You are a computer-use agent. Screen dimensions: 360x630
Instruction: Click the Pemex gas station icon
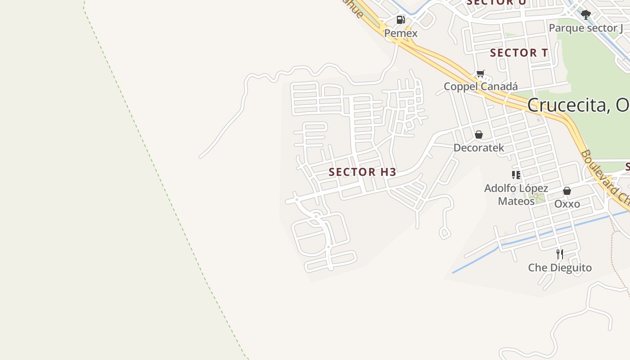[x=400, y=20]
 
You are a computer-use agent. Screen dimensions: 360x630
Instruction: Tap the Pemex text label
[x=400, y=33]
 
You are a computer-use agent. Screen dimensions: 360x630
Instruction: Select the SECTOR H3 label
[x=362, y=172]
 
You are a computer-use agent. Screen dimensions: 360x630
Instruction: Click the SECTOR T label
[x=519, y=53]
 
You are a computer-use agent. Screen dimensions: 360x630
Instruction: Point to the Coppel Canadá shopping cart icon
[x=481, y=74]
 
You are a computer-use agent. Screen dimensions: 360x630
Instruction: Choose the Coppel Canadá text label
[x=481, y=86]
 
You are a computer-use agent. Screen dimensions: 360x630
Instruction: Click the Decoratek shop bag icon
[x=479, y=135]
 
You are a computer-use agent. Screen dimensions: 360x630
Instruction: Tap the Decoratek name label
[x=479, y=148]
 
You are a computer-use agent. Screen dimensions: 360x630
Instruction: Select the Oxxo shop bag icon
[x=567, y=191]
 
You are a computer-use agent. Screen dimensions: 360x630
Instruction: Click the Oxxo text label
[x=567, y=204]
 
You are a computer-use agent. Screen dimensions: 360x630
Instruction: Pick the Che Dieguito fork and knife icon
[x=560, y=254]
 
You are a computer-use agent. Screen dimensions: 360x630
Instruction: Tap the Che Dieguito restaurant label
[x=560, y=268]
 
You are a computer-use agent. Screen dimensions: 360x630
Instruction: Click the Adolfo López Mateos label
[x=516, y=194]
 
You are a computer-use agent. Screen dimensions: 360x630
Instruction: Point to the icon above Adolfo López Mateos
[x=516, y=175]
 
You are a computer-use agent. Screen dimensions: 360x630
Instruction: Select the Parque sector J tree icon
[x=585, y=15]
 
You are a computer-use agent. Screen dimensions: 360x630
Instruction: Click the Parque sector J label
[x=586, y=28]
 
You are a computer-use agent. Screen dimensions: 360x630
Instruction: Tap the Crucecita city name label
[x=578, y=105]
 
